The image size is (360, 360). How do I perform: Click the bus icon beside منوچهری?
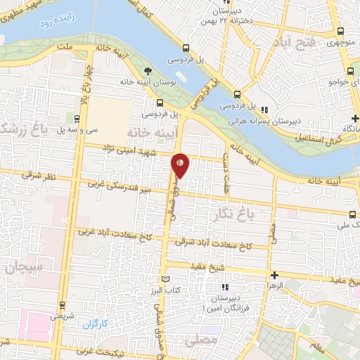340,32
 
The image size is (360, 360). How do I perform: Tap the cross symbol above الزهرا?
274,275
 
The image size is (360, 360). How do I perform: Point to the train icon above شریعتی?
63,305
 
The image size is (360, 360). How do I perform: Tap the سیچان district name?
22,266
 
